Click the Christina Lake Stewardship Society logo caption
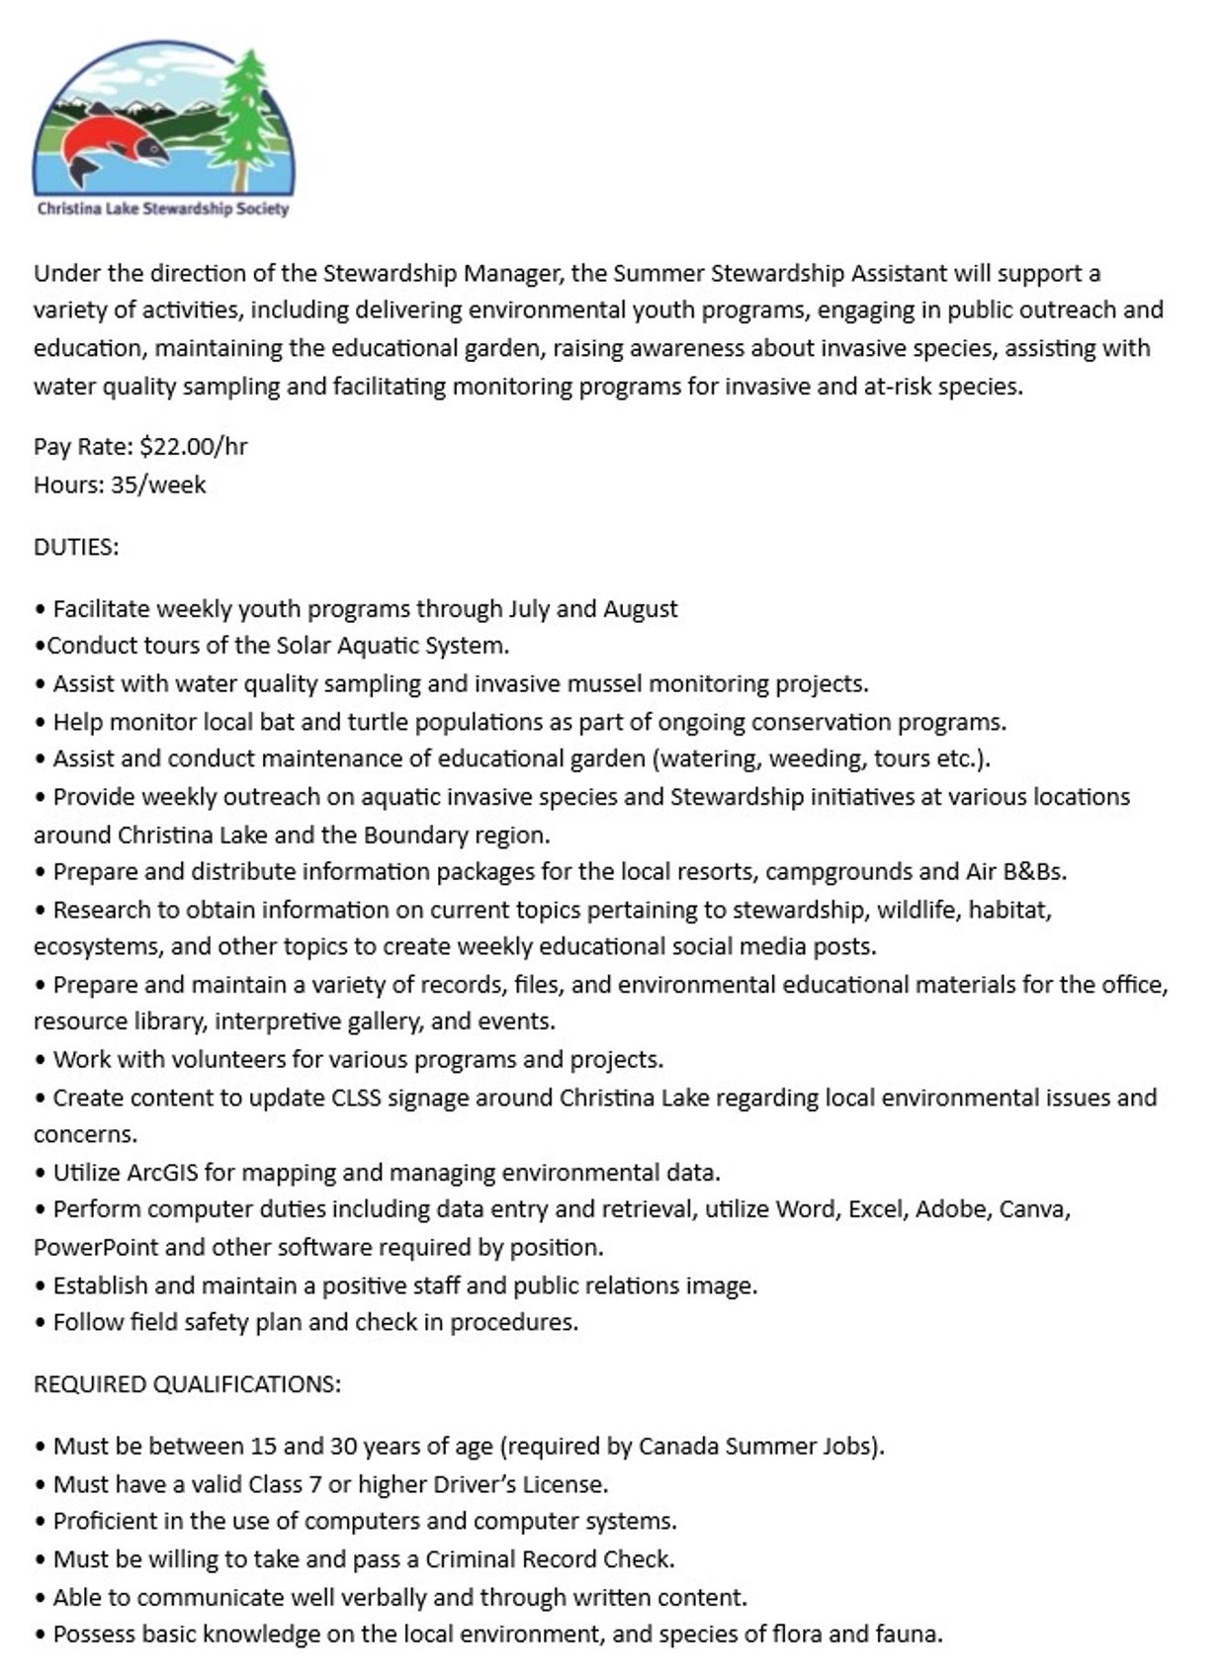coord(163,209)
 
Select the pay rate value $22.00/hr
coord(194,446)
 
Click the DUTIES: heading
coord(76,547)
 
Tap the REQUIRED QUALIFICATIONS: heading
coord(187,1383)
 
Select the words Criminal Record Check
coord(550,1558)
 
